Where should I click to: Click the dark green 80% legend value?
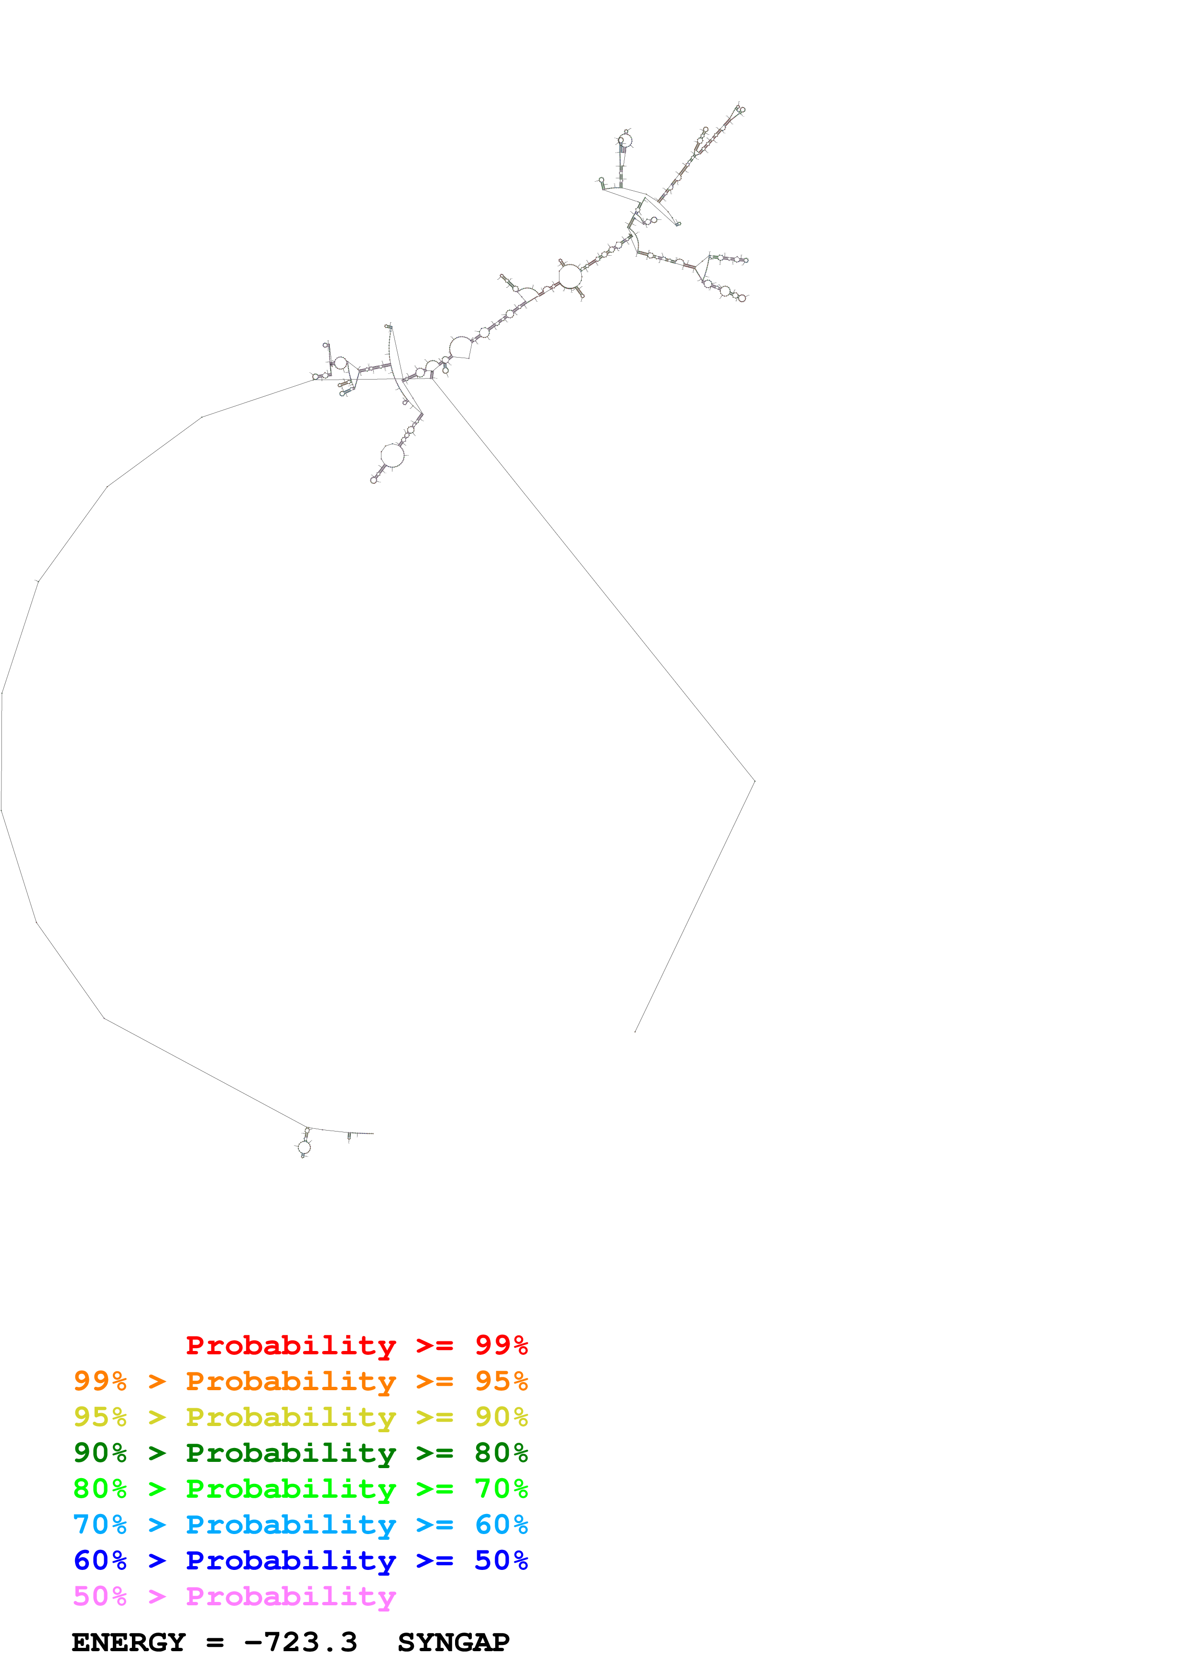click(x=501, y=1453)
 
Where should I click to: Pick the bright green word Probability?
click(x=291, y=1489)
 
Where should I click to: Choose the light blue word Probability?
click(x=291, y=1525)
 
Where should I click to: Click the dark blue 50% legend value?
click(x=501, y=1560)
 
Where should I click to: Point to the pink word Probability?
click(x=291, y=1597)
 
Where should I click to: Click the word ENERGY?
click(x=129, y=1643)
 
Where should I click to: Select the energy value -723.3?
click(x=301, y=1643)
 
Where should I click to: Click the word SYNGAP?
click(x=454, y=1643)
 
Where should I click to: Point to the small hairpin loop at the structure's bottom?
click(x=304, y=1147)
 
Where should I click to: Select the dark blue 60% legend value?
click(x=100, y=1560)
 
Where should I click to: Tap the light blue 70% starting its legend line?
click(x=100, y=1525)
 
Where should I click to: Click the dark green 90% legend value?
click(x=100, y=1453)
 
